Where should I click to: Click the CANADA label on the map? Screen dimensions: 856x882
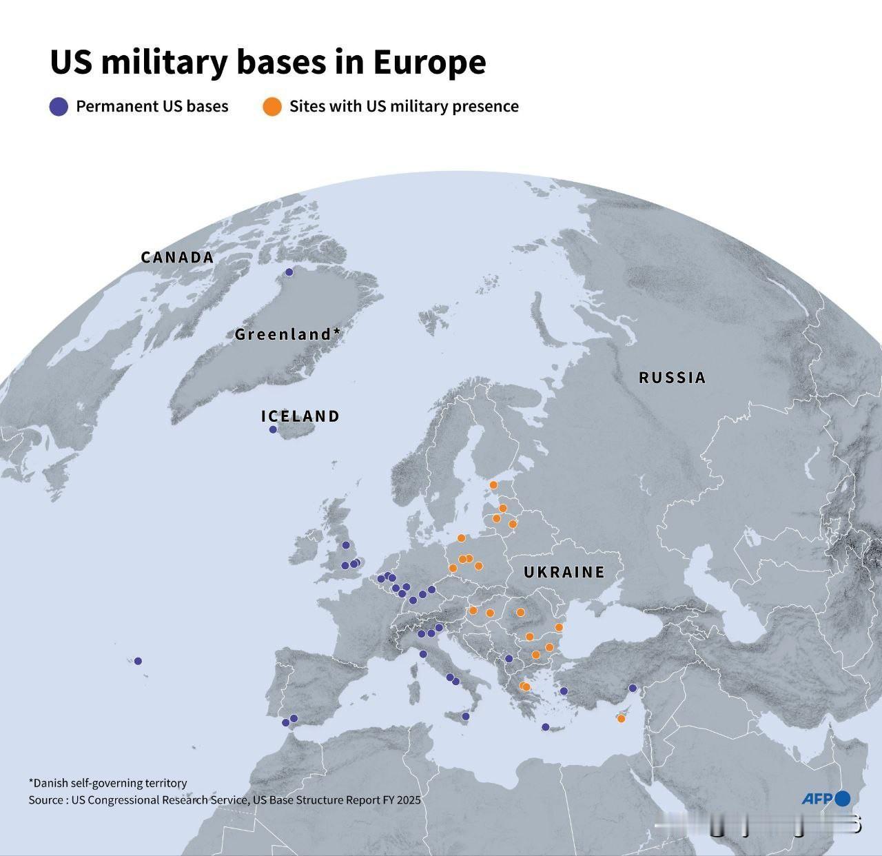pos(177,258)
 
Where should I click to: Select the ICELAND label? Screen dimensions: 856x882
pos(300,416)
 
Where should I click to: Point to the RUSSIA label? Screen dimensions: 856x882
pos(673,378)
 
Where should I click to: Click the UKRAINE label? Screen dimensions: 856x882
pos(564,572)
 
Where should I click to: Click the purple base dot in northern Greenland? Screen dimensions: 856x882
pos(289,272)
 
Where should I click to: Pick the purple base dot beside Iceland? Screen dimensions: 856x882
pos(273,429)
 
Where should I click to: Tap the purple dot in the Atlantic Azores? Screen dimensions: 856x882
pos(138,661)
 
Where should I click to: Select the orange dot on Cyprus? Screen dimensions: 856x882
pos(621,719)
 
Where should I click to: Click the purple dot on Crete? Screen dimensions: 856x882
pos(546,727)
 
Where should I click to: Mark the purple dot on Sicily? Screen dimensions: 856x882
pos(465,717)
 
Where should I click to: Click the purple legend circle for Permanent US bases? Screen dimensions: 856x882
pos(59,107)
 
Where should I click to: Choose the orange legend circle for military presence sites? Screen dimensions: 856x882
pos(273,107)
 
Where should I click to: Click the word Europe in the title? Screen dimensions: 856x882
pos(430,62)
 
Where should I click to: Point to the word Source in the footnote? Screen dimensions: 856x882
pos(45,800)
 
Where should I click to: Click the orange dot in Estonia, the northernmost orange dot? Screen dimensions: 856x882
pos(493,485)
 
